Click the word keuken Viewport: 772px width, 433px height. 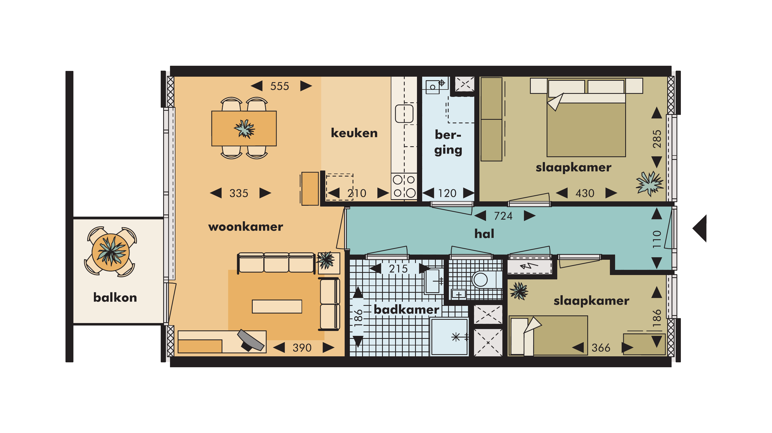click(354, 133)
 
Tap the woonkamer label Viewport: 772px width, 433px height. click(245, 227)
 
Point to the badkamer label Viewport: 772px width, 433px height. click(406, 310)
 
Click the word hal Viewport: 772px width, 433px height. click(484, 234)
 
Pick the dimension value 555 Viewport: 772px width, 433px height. click(280, 86)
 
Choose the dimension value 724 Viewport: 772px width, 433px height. click(503, 216)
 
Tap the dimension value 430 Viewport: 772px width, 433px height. click(585, 193)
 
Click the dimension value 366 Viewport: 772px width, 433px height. click(601, 348)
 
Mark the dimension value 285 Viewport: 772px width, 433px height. click(657, 139)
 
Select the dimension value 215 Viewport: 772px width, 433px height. click(398, 269)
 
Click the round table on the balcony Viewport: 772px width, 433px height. click(111, 252)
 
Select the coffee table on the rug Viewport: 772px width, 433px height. click(277, 307)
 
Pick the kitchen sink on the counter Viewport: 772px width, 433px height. click(404, 114)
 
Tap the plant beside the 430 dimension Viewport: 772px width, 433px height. click(649, 183)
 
